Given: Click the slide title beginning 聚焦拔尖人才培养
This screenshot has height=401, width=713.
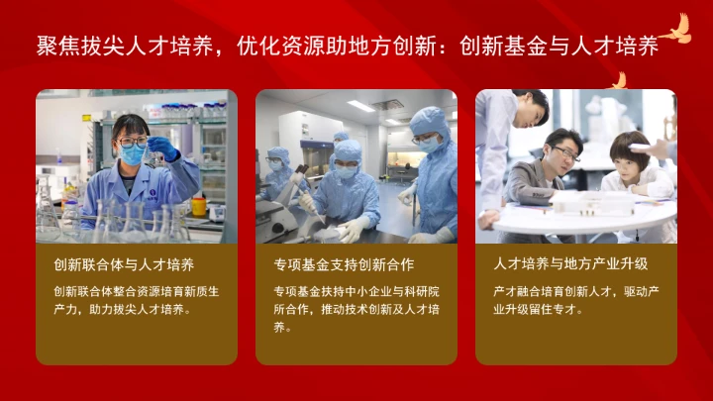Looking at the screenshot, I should click(x=347, y=46).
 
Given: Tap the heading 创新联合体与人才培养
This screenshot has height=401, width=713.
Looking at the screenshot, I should click(x=124, y=264).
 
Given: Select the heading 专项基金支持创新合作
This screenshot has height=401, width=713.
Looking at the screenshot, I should click(x=344, y=264).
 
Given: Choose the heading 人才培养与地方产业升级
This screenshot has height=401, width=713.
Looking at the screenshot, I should click(x=570, y=264).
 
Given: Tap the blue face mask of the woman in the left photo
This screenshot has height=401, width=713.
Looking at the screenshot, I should click(x=132, y=154).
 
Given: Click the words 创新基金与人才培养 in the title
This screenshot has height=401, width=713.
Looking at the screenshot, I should click(x=560, y=46).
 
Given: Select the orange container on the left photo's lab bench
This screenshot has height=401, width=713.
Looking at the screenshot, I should click(x=199, y=206).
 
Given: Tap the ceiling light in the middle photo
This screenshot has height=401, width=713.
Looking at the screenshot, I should click(x=360, y=105).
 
